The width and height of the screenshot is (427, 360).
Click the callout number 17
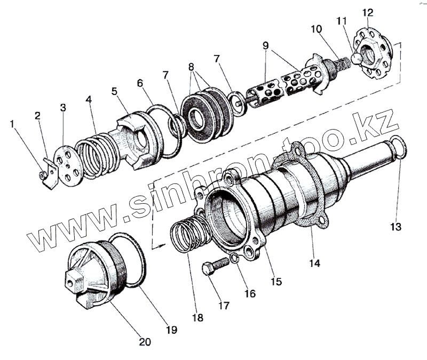click(224, 306)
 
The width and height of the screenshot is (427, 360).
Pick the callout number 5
click(114, 91)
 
